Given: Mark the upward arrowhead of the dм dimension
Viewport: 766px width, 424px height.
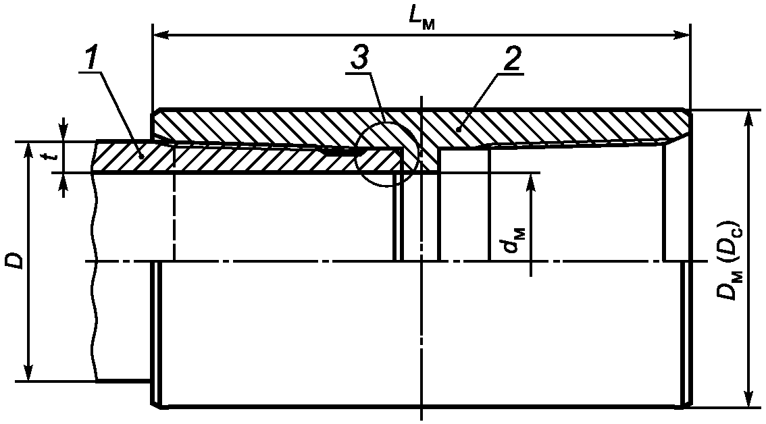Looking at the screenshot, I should click(x=532, y=179).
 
